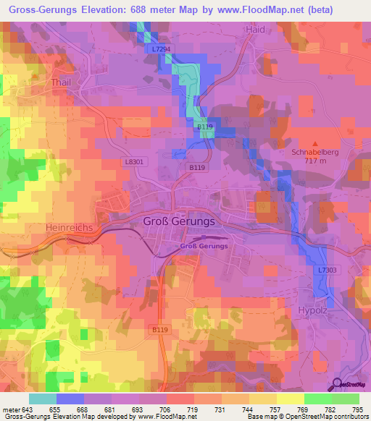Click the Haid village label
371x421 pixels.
(255, 30)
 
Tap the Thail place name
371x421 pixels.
(60, 83)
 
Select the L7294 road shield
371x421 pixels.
(162, 48)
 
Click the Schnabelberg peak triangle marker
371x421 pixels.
(314, 144)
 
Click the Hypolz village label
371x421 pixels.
(314, 310)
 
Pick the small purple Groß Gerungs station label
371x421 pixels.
(204, 246)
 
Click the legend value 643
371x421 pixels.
(28, 409)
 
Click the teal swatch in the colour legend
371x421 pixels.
(42, 399)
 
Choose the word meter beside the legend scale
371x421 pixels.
(11, 409)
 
